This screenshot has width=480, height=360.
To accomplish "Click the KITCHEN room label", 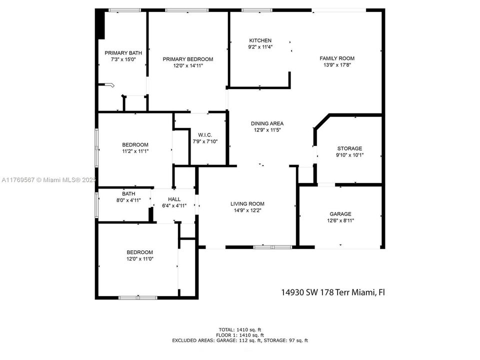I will [260, 40].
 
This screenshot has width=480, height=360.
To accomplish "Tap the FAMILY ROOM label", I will [337, 58].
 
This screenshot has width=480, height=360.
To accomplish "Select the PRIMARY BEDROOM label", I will [188, 59].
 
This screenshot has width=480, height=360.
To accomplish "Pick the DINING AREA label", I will [267, 123].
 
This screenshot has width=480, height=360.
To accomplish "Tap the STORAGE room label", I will [349, 148].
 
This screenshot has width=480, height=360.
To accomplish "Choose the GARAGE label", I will [339, 213].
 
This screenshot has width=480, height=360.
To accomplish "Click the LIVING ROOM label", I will [247, 203].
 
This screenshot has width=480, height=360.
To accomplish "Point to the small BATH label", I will [128, 193].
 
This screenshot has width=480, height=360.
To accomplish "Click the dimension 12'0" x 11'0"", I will [139, 259].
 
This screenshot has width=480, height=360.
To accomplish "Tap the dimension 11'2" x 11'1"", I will [135, 151].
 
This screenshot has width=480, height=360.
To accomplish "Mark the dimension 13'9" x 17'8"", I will [337, 64].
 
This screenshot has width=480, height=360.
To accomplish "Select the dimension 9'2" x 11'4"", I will [260, 47].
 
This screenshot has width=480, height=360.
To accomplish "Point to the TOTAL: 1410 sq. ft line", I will [240, 329].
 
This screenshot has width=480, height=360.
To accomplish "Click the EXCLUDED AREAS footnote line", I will [240, 340].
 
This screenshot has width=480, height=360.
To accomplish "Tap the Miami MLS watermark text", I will [49, 179].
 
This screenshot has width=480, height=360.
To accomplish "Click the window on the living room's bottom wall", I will [272, 247].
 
